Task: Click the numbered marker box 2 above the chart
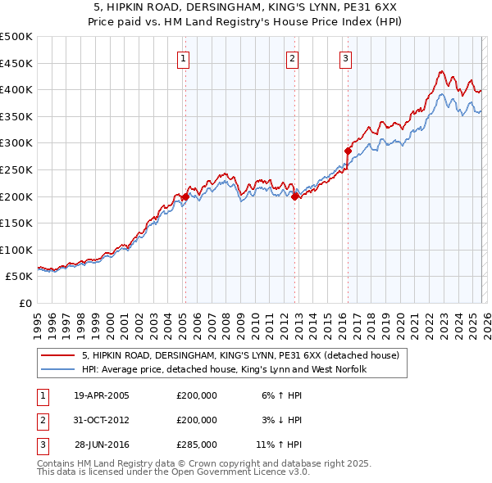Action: tap(292, 58)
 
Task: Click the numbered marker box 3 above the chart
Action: tap(345, 58)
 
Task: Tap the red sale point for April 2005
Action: tap(185, 196)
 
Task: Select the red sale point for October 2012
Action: tap(294, 196)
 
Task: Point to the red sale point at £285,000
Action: tap(348, 151)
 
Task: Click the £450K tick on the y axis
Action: tap(16, 63)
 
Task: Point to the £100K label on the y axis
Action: tap(16, 250)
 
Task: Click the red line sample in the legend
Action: tap(57, 356)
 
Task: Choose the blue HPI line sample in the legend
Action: tap(57, 370)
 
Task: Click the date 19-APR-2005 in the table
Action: tap(101, 395)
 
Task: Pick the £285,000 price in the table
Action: tap(197, 445)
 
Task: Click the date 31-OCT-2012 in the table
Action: tap(101, 420)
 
